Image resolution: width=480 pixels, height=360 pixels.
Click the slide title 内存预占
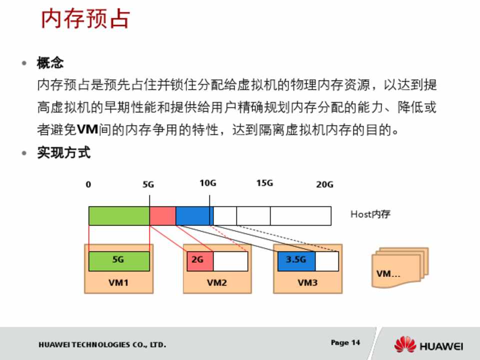click(85, 18)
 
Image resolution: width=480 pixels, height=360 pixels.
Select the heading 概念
click(50, 63)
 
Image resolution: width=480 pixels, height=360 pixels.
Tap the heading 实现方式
click(63, 152)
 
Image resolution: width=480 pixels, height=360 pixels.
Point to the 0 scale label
click(88, 184)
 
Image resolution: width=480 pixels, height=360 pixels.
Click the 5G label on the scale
click(148, 184)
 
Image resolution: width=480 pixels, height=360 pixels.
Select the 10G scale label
click(208, 183)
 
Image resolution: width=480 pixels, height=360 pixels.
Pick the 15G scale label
click(265, 183)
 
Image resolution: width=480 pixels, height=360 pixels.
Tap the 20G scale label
click(324, 184)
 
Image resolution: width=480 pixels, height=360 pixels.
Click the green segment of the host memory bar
click(119, 216)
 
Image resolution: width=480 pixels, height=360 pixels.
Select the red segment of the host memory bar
click(163, 216)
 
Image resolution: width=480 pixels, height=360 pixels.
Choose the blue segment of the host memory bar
click(194, 216)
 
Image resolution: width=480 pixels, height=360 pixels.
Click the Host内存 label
click(370, 214)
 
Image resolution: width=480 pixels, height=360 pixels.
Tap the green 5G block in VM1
click(119, 261)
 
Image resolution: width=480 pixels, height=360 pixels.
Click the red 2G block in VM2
click(200, 261)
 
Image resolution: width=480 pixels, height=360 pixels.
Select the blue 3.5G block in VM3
click(296, 261)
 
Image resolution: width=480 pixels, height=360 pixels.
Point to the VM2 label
click(216, 282)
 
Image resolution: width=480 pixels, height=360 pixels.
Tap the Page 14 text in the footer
click(345, 342)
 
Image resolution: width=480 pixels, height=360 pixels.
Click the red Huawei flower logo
click(405, 344)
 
